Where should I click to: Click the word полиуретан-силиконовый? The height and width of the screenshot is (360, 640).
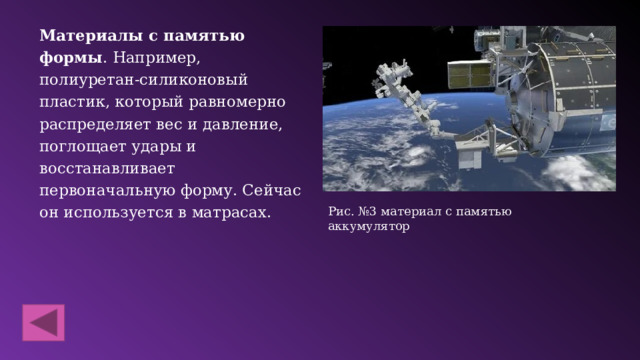[144, 79]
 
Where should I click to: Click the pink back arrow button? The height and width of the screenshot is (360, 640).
[43, 324]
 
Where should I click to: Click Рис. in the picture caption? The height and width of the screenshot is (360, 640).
[341, 211]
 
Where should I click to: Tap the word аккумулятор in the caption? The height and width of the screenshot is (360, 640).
[369, 226]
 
